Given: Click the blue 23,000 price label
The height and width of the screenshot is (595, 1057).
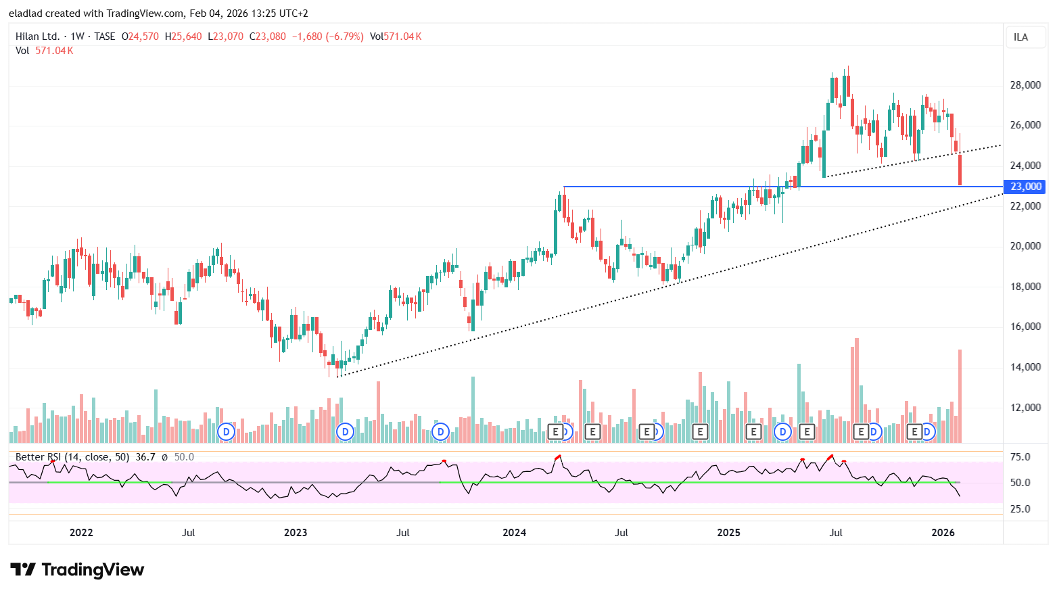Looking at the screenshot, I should pos(1025,187).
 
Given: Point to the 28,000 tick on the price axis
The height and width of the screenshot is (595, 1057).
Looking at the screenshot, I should pos(1025,85).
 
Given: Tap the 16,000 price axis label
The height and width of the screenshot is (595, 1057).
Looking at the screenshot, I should pos(1025,327).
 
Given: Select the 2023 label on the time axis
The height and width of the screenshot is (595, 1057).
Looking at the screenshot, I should pos(296,533).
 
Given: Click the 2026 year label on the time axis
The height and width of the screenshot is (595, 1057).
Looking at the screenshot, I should pos(943,533).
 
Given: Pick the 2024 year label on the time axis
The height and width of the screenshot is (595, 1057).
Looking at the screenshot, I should pos(514,533).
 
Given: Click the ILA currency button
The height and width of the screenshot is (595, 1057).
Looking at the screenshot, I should pos(1020,37).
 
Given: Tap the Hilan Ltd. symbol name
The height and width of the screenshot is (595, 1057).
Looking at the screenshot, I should pos(37,37).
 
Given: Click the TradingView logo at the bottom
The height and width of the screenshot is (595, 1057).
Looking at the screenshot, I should pos(77,570).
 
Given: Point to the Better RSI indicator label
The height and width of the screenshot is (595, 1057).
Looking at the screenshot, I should pos(72,457).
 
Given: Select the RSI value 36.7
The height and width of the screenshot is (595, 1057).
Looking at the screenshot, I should pos(145,457).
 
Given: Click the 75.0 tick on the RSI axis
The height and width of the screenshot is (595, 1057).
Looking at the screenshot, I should pos(1020,457).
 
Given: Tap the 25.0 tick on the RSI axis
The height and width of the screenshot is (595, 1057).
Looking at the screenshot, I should pos(1020,509).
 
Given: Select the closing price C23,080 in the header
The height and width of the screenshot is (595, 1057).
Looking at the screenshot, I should pos(268,37).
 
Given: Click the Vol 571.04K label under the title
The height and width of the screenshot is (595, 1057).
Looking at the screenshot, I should pos(44,51).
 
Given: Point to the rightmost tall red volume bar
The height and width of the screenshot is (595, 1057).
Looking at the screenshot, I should pos(960,396).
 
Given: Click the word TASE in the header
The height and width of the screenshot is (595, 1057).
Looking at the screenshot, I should pos(105,37).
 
